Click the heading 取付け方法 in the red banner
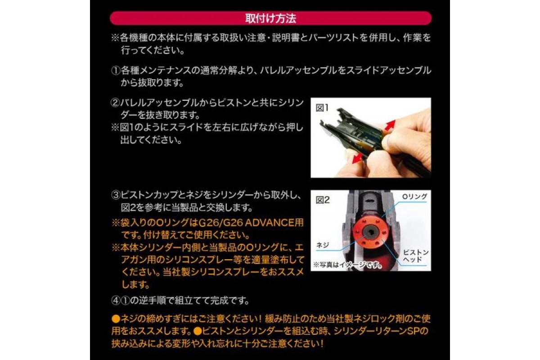click(270, 18)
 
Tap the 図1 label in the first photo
click(322, 108)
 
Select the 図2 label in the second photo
click(323, 200)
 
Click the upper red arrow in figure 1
click(390, 126)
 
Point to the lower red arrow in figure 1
click(357, 158)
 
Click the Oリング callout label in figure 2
click(414, 197)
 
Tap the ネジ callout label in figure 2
click(323, 245)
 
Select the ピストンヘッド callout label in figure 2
click(416, 256)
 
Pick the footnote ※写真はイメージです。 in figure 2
click(347, 265)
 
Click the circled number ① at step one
click(116, 71)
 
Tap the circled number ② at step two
click(115, 103)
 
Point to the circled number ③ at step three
click(116, 195)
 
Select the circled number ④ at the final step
click(116, 301)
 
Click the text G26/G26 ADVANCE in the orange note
click(244, 223)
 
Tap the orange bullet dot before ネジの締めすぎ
click(116, 319)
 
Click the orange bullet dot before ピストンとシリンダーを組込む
click(197, 331)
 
